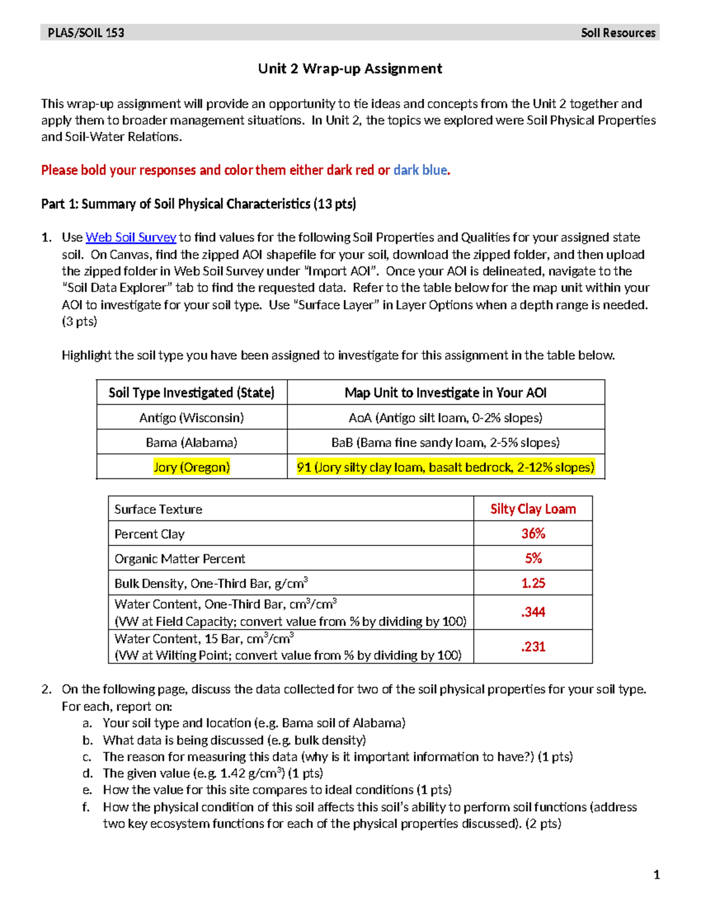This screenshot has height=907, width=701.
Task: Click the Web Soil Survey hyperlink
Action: [131, 238]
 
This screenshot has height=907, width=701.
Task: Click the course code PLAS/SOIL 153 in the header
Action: [86, 33]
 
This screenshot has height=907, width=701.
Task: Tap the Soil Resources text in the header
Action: [618, 33]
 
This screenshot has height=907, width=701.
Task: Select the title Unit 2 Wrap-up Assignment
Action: [350, 69]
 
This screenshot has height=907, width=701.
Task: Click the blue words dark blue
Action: [420, 171]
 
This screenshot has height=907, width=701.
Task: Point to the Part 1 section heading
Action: [198, 204]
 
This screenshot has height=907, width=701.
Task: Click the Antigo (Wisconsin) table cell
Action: [192, 418]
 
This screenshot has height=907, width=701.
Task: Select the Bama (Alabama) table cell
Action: [192, 443]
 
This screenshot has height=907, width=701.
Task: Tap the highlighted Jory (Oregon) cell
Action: [192, 467]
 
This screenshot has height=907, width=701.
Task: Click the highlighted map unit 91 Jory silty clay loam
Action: [446, 467]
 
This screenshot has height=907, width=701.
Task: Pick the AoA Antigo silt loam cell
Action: [446, 418]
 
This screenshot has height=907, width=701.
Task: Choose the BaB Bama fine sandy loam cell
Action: [446, 443]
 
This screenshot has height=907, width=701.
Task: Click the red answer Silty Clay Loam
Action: [533, 509]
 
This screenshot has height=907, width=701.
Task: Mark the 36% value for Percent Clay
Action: [533, 534]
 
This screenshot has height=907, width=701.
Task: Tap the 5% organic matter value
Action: [533, 558]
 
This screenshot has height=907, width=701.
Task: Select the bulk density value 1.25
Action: [533, 583]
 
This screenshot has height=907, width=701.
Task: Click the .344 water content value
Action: [533, 612]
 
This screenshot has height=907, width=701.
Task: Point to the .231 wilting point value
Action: [533, 647]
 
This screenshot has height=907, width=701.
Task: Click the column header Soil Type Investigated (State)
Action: [192, 393]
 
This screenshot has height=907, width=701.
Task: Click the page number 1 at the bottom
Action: [657, 875]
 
